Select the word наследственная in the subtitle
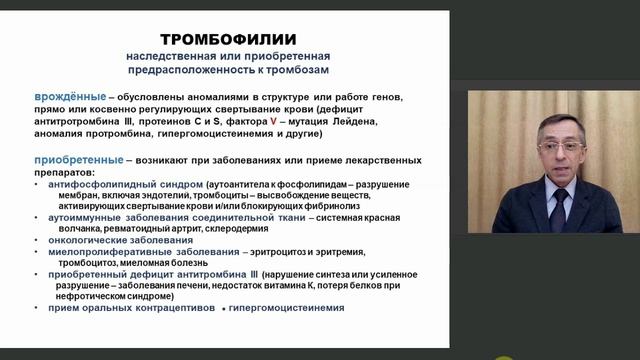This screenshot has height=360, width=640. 161,55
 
